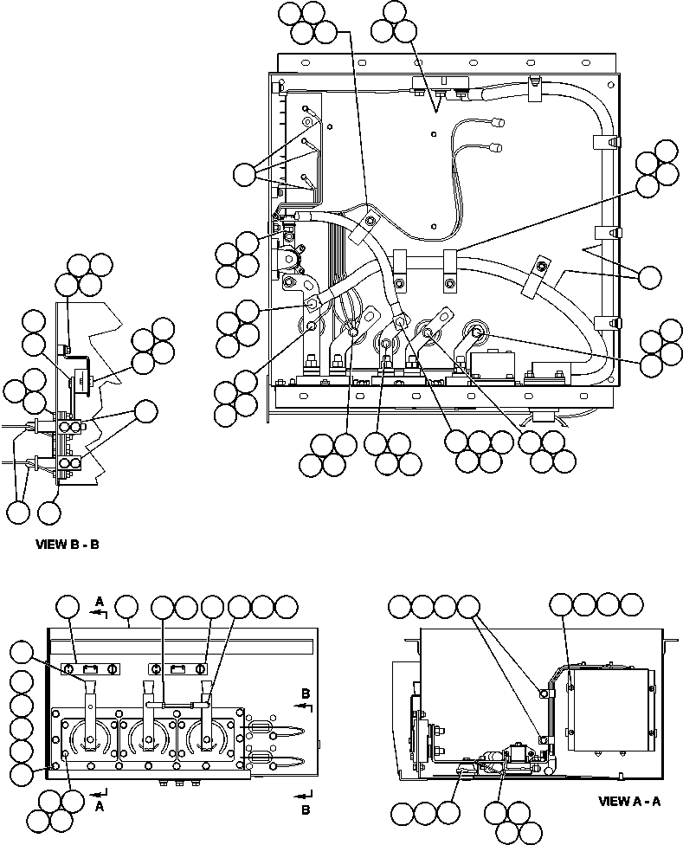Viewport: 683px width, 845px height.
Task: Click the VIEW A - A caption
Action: tap(629, 801)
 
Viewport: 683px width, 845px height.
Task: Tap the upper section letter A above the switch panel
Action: tap(100, 600)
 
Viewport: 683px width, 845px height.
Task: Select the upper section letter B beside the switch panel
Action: tap(306, 693)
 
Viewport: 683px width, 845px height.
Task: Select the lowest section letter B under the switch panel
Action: tap(306, 810)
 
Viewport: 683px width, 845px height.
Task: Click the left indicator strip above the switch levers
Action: tap(90, 668)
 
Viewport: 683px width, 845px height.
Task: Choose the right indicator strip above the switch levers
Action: tap(177, 668)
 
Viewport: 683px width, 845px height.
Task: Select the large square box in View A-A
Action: tap(610, 709)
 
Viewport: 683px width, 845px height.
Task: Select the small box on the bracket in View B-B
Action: tap(83, 378)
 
